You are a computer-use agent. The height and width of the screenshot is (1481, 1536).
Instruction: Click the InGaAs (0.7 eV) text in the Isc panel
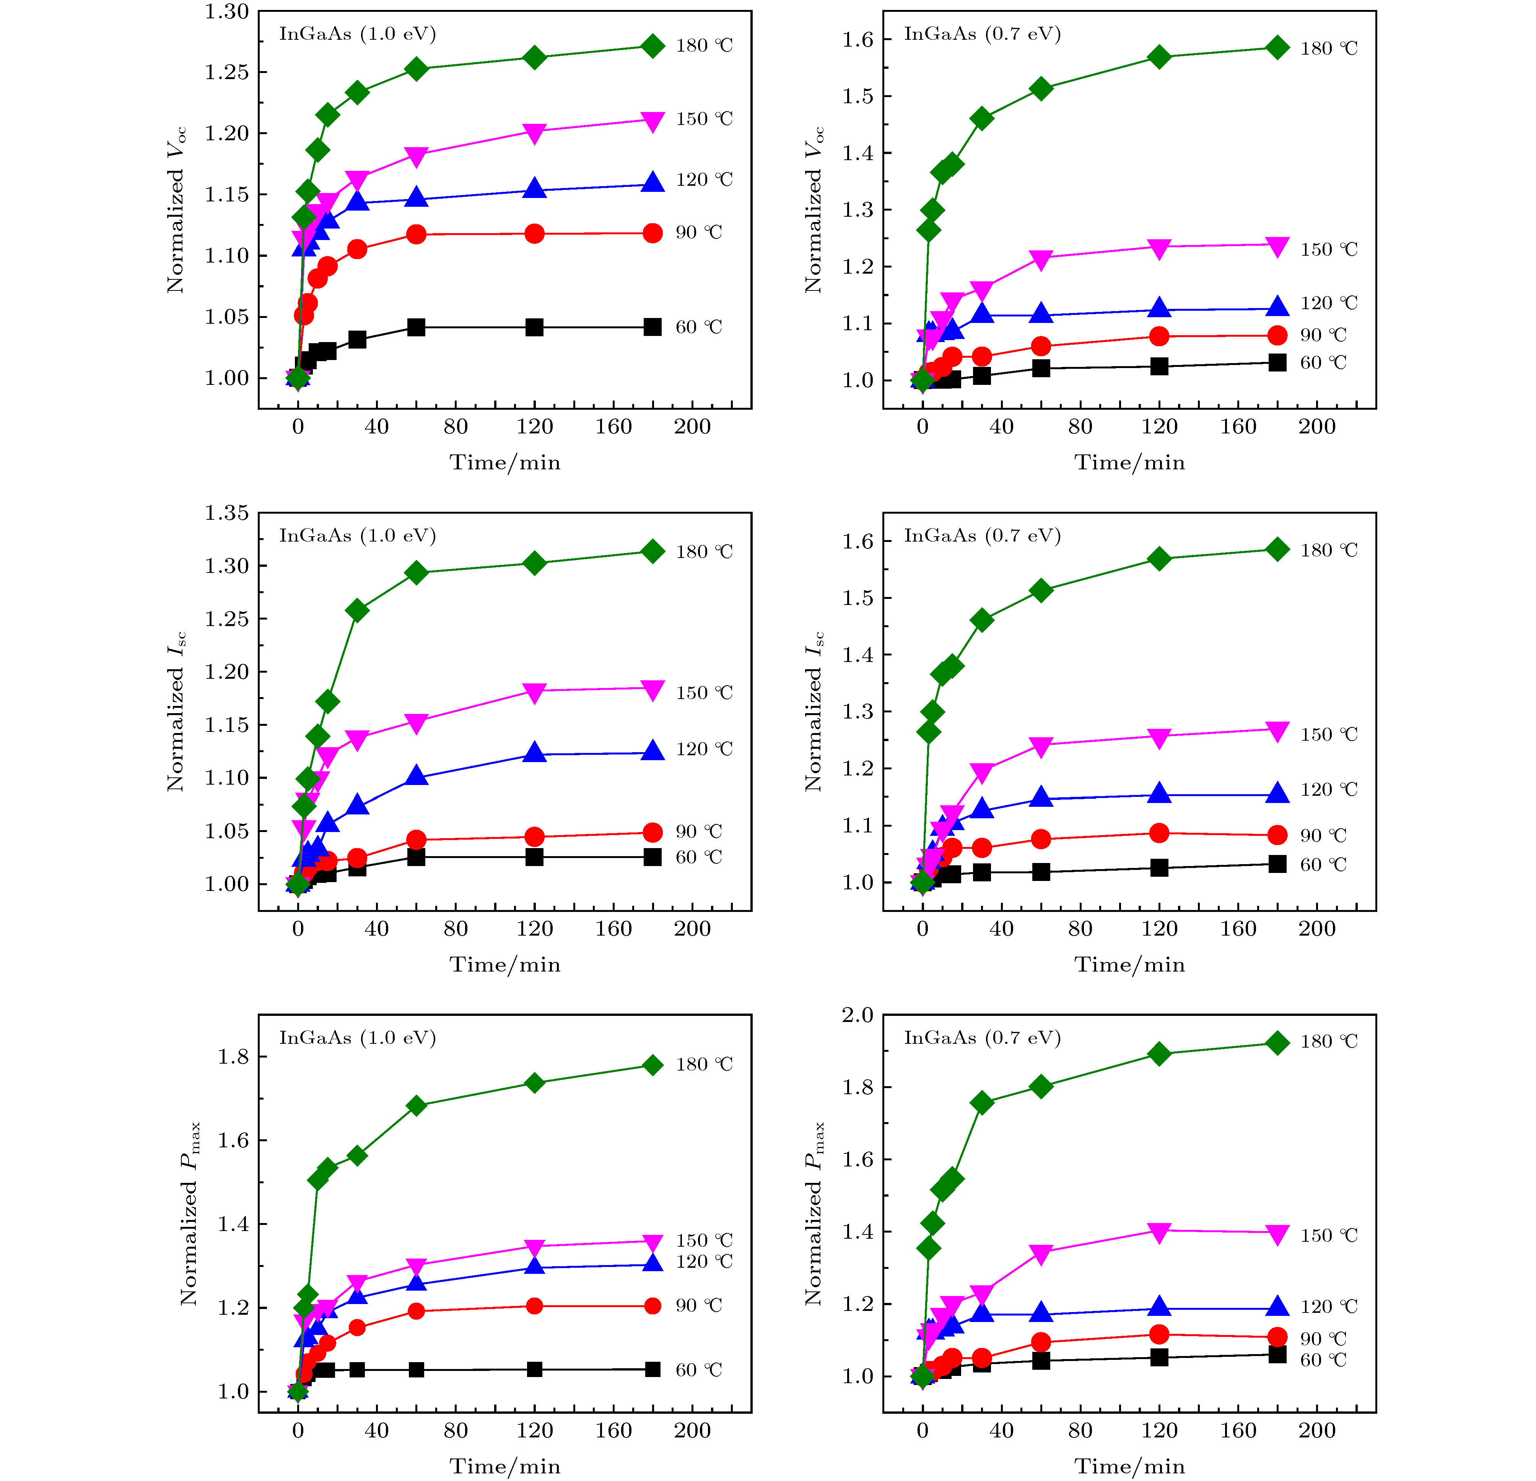[x=982, y=536]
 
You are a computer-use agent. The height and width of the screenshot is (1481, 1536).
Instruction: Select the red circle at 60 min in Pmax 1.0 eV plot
[x=416, y=1311]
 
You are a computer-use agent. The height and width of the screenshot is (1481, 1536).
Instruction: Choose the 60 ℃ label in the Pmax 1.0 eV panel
[x=698, y=1370]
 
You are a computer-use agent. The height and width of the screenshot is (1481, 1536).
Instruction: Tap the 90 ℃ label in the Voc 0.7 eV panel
[x=1323, y=335]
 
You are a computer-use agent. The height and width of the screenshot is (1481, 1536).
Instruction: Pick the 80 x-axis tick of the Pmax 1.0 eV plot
[x=455, y=1431]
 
